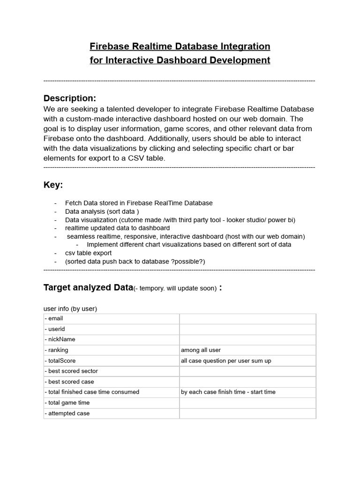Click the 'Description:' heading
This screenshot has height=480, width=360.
(69, 98)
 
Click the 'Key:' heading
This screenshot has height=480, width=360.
(53, 185)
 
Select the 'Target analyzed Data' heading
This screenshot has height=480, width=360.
(88, 287)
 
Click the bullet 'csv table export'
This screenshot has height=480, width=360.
(88, 253)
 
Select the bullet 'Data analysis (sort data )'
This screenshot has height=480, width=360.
(102, 211)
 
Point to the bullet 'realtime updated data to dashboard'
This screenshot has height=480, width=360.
(117, 228)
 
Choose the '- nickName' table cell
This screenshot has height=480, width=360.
(60, 339)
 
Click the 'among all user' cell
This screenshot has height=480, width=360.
(201, 350)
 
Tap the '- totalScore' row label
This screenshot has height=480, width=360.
(60, 360)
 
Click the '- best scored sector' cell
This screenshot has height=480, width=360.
(71, 371)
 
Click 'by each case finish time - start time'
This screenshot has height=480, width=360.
(228, 392)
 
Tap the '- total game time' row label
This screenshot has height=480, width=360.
(67, 403)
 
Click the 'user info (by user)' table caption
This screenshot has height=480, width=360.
(70, 308)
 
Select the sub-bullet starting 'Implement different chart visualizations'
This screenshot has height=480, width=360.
(189, 245)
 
